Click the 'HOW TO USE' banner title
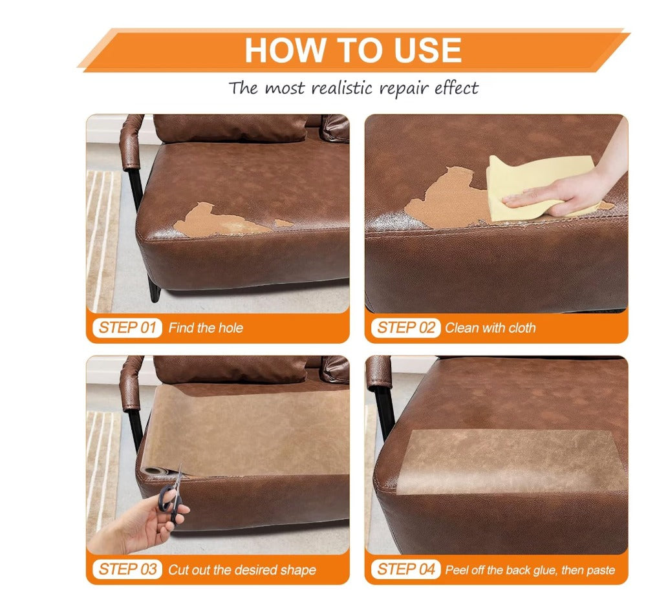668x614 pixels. click(353, 50)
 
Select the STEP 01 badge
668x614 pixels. click(127, 328)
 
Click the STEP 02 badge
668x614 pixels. click(405, 328)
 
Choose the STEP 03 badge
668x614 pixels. click(127, 569)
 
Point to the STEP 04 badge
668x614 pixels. click(405, 569)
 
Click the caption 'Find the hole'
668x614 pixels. click(206, 328)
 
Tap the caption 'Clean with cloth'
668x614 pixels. click(490, 328)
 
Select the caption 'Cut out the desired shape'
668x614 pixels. click(242, 569)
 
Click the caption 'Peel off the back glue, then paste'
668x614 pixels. click(530, 569)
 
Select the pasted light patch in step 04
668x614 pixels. click(512, 462)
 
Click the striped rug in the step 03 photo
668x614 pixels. click(102, 472)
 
